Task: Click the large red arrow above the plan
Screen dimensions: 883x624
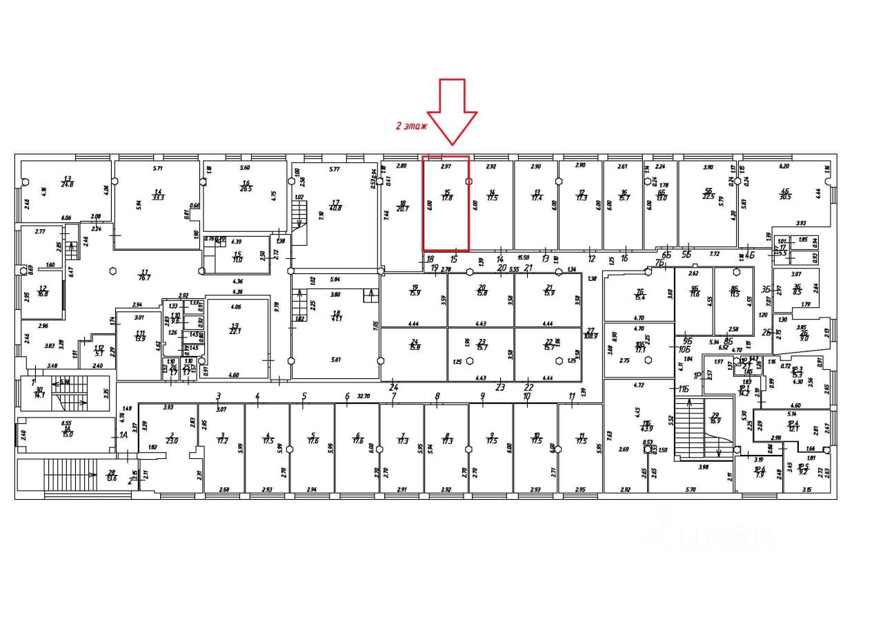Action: click(x=452, y=110)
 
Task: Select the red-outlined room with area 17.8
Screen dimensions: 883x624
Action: click(x=446, y=204)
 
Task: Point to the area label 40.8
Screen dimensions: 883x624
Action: click(x=335, y=207)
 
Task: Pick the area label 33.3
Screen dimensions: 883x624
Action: click(x=158, y=196)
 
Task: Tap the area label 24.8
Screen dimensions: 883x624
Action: click(x=68, y=184)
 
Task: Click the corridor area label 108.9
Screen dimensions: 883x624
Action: click(x=590, y=335)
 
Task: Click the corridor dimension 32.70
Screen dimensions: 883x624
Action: click(x=364, y=397)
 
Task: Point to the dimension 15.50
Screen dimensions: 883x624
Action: click(x=522, y=257)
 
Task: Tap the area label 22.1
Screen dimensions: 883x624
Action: click(x=235, y=331)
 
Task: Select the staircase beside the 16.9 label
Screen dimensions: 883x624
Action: click(x=697, y=428)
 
